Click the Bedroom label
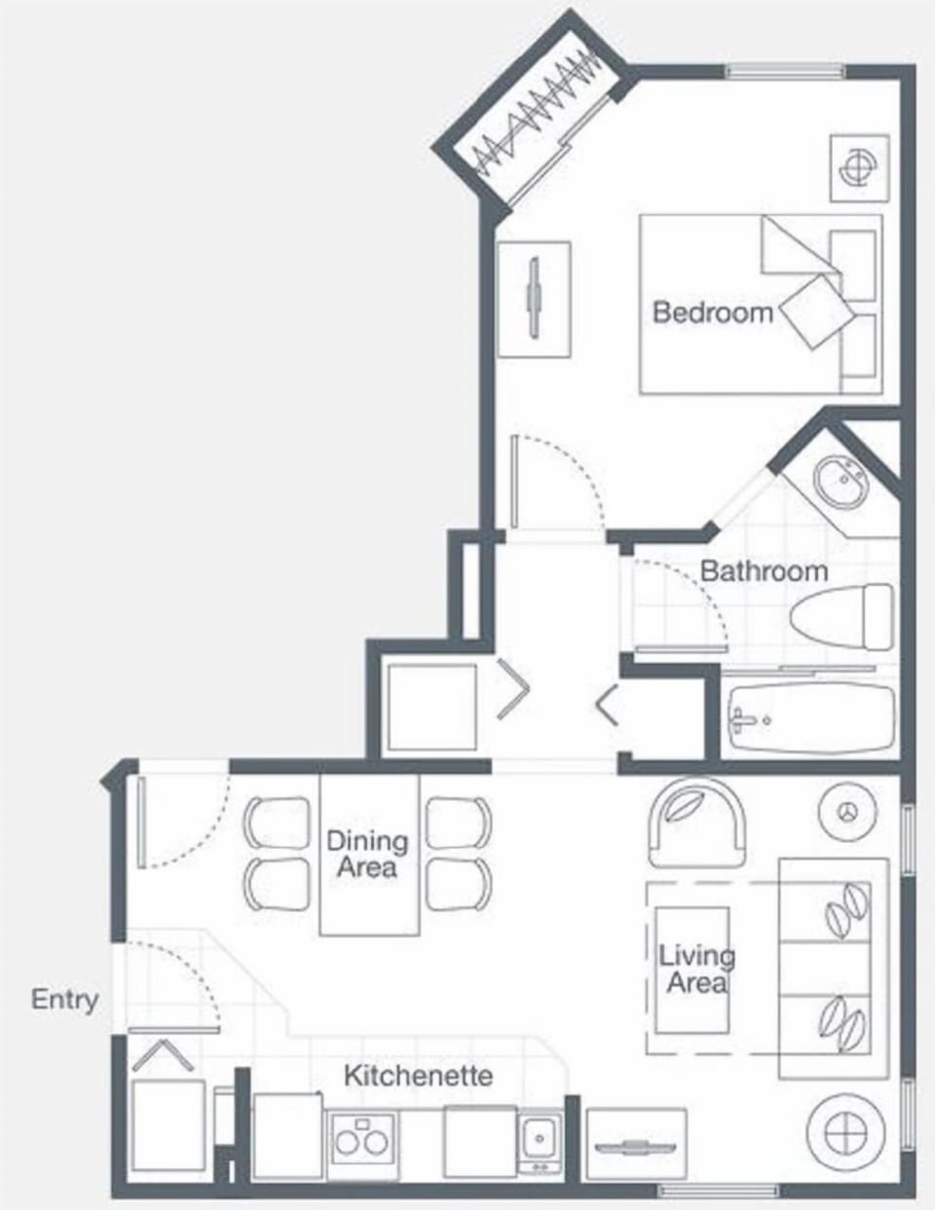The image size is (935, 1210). coord(712,312)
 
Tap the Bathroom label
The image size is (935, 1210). coord(764,570)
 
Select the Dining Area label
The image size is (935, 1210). coord(366,854)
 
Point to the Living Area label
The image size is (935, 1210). coord(696,969)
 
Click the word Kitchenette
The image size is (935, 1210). coord(418,1076)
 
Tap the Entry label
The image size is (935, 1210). coord(64,1000)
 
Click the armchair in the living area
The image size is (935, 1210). coord(695,822)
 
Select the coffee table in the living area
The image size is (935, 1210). coord(692,970)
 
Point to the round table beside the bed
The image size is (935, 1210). coord(859,167)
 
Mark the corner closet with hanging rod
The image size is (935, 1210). coord(534,124)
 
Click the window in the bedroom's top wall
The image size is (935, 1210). coord(785,71)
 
